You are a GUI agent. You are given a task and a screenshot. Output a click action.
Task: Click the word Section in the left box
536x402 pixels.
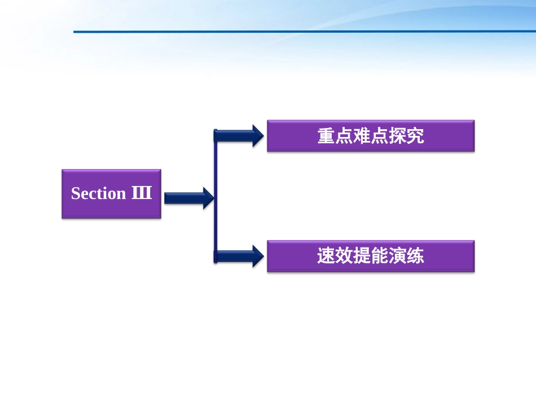click(x=98, y=193)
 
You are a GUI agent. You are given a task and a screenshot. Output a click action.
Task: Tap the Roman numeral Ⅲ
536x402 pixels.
click(x=142, y=193)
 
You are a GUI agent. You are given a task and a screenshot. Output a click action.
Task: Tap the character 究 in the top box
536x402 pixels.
click(x=415, y=136)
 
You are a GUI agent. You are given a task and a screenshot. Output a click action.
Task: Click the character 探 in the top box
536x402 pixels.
click(x=397, y=136)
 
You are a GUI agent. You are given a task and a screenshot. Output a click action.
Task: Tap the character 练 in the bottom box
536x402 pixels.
click(x=415, y=257)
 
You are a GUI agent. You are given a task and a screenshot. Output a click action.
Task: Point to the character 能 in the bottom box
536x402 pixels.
click(x=380, y=257)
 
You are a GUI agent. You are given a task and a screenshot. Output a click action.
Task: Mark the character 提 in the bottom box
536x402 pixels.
click(x=362, y=257)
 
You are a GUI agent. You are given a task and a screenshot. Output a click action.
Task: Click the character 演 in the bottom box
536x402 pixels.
click(x=397, y=257)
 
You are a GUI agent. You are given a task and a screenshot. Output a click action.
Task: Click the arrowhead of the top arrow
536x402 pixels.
click(x=258, y=136)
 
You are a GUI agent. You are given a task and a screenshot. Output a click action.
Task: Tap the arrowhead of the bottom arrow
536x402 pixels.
click(x=258, y=257)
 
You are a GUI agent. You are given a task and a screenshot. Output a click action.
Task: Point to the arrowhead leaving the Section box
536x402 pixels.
click(x=208, y=198)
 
